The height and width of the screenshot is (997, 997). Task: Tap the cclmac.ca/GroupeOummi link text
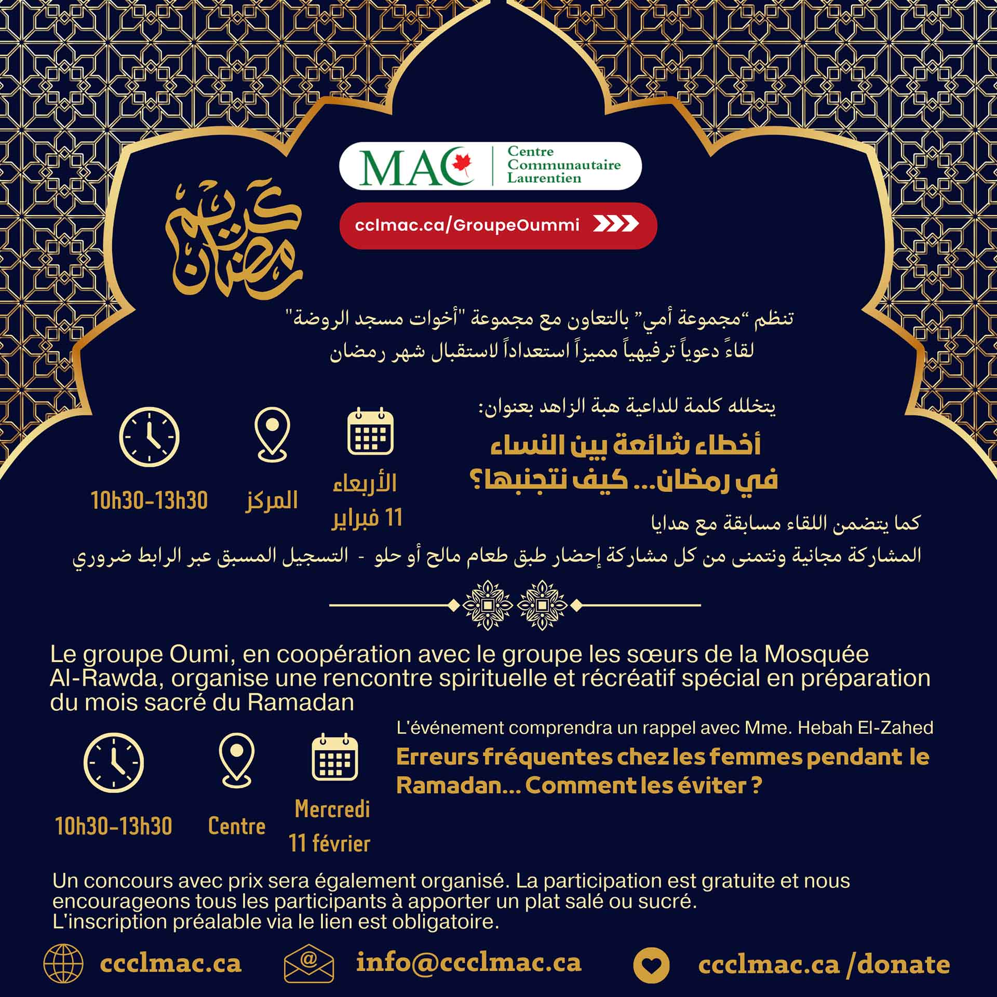point(467,225)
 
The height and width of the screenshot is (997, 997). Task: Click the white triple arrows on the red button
point(616,224)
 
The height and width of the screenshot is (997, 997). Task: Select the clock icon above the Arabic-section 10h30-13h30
point(150,437)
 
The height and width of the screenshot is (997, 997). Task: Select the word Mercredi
point(332,809)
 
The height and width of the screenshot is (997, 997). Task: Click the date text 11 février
point(329,843)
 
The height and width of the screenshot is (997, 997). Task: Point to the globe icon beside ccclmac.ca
point(63,964)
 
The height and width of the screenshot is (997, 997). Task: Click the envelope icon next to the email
point(308,963)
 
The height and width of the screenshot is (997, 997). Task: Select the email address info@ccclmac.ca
point(468,963)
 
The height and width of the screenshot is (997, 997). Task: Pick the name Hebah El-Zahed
point(865,727)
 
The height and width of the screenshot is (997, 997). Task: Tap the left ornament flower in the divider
point(488,605)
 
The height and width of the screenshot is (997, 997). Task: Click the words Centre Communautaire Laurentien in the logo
point(564,165)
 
